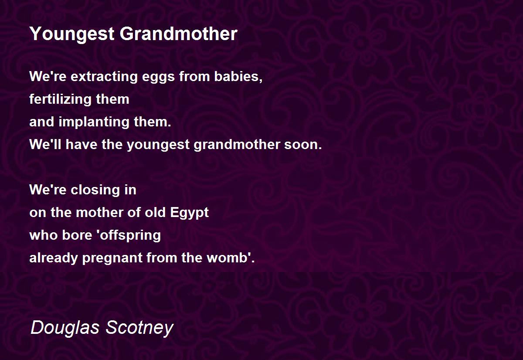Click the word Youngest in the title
pyautogui.click(x=72, y=34)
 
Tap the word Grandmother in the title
pyautogui.click(x=179, y=34)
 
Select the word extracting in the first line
pyautogui.click(x=104, y=77)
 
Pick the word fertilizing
pyautogui.click(x=60, y=100)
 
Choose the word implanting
pyautogui.click(x=94, y=122)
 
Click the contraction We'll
pyautogui.click(x=45, y=144)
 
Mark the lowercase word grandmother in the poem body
pyautogui.click(x=237, y=145)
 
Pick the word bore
pyautogui.click(x=77, y=235)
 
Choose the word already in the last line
pyautogui.click(x=54, y=258)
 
